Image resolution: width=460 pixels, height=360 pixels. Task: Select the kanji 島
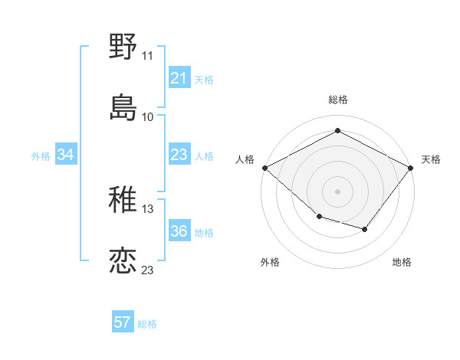123,106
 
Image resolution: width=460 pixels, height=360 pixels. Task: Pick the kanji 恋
123,260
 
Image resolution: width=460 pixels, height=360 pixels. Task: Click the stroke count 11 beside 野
147,56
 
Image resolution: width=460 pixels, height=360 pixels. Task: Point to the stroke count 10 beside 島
147,116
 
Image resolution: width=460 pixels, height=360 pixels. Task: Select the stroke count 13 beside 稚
147,209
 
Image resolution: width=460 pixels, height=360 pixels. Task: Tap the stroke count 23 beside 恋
147,270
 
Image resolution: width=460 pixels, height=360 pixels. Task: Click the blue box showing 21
179,78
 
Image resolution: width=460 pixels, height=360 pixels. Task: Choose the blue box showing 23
179,155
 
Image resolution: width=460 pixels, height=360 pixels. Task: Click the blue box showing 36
179,231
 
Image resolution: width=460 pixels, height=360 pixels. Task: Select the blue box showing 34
66,155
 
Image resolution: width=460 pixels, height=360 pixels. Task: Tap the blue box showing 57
123,322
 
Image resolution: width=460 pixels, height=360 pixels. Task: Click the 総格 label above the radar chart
337,100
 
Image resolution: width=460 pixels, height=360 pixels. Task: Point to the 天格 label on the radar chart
431,159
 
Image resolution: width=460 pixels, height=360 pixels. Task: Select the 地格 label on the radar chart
402,262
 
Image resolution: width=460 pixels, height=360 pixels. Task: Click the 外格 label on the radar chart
270,262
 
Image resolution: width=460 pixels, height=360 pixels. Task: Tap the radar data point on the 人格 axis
264,168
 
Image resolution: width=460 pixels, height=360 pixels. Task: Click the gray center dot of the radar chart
337,191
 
